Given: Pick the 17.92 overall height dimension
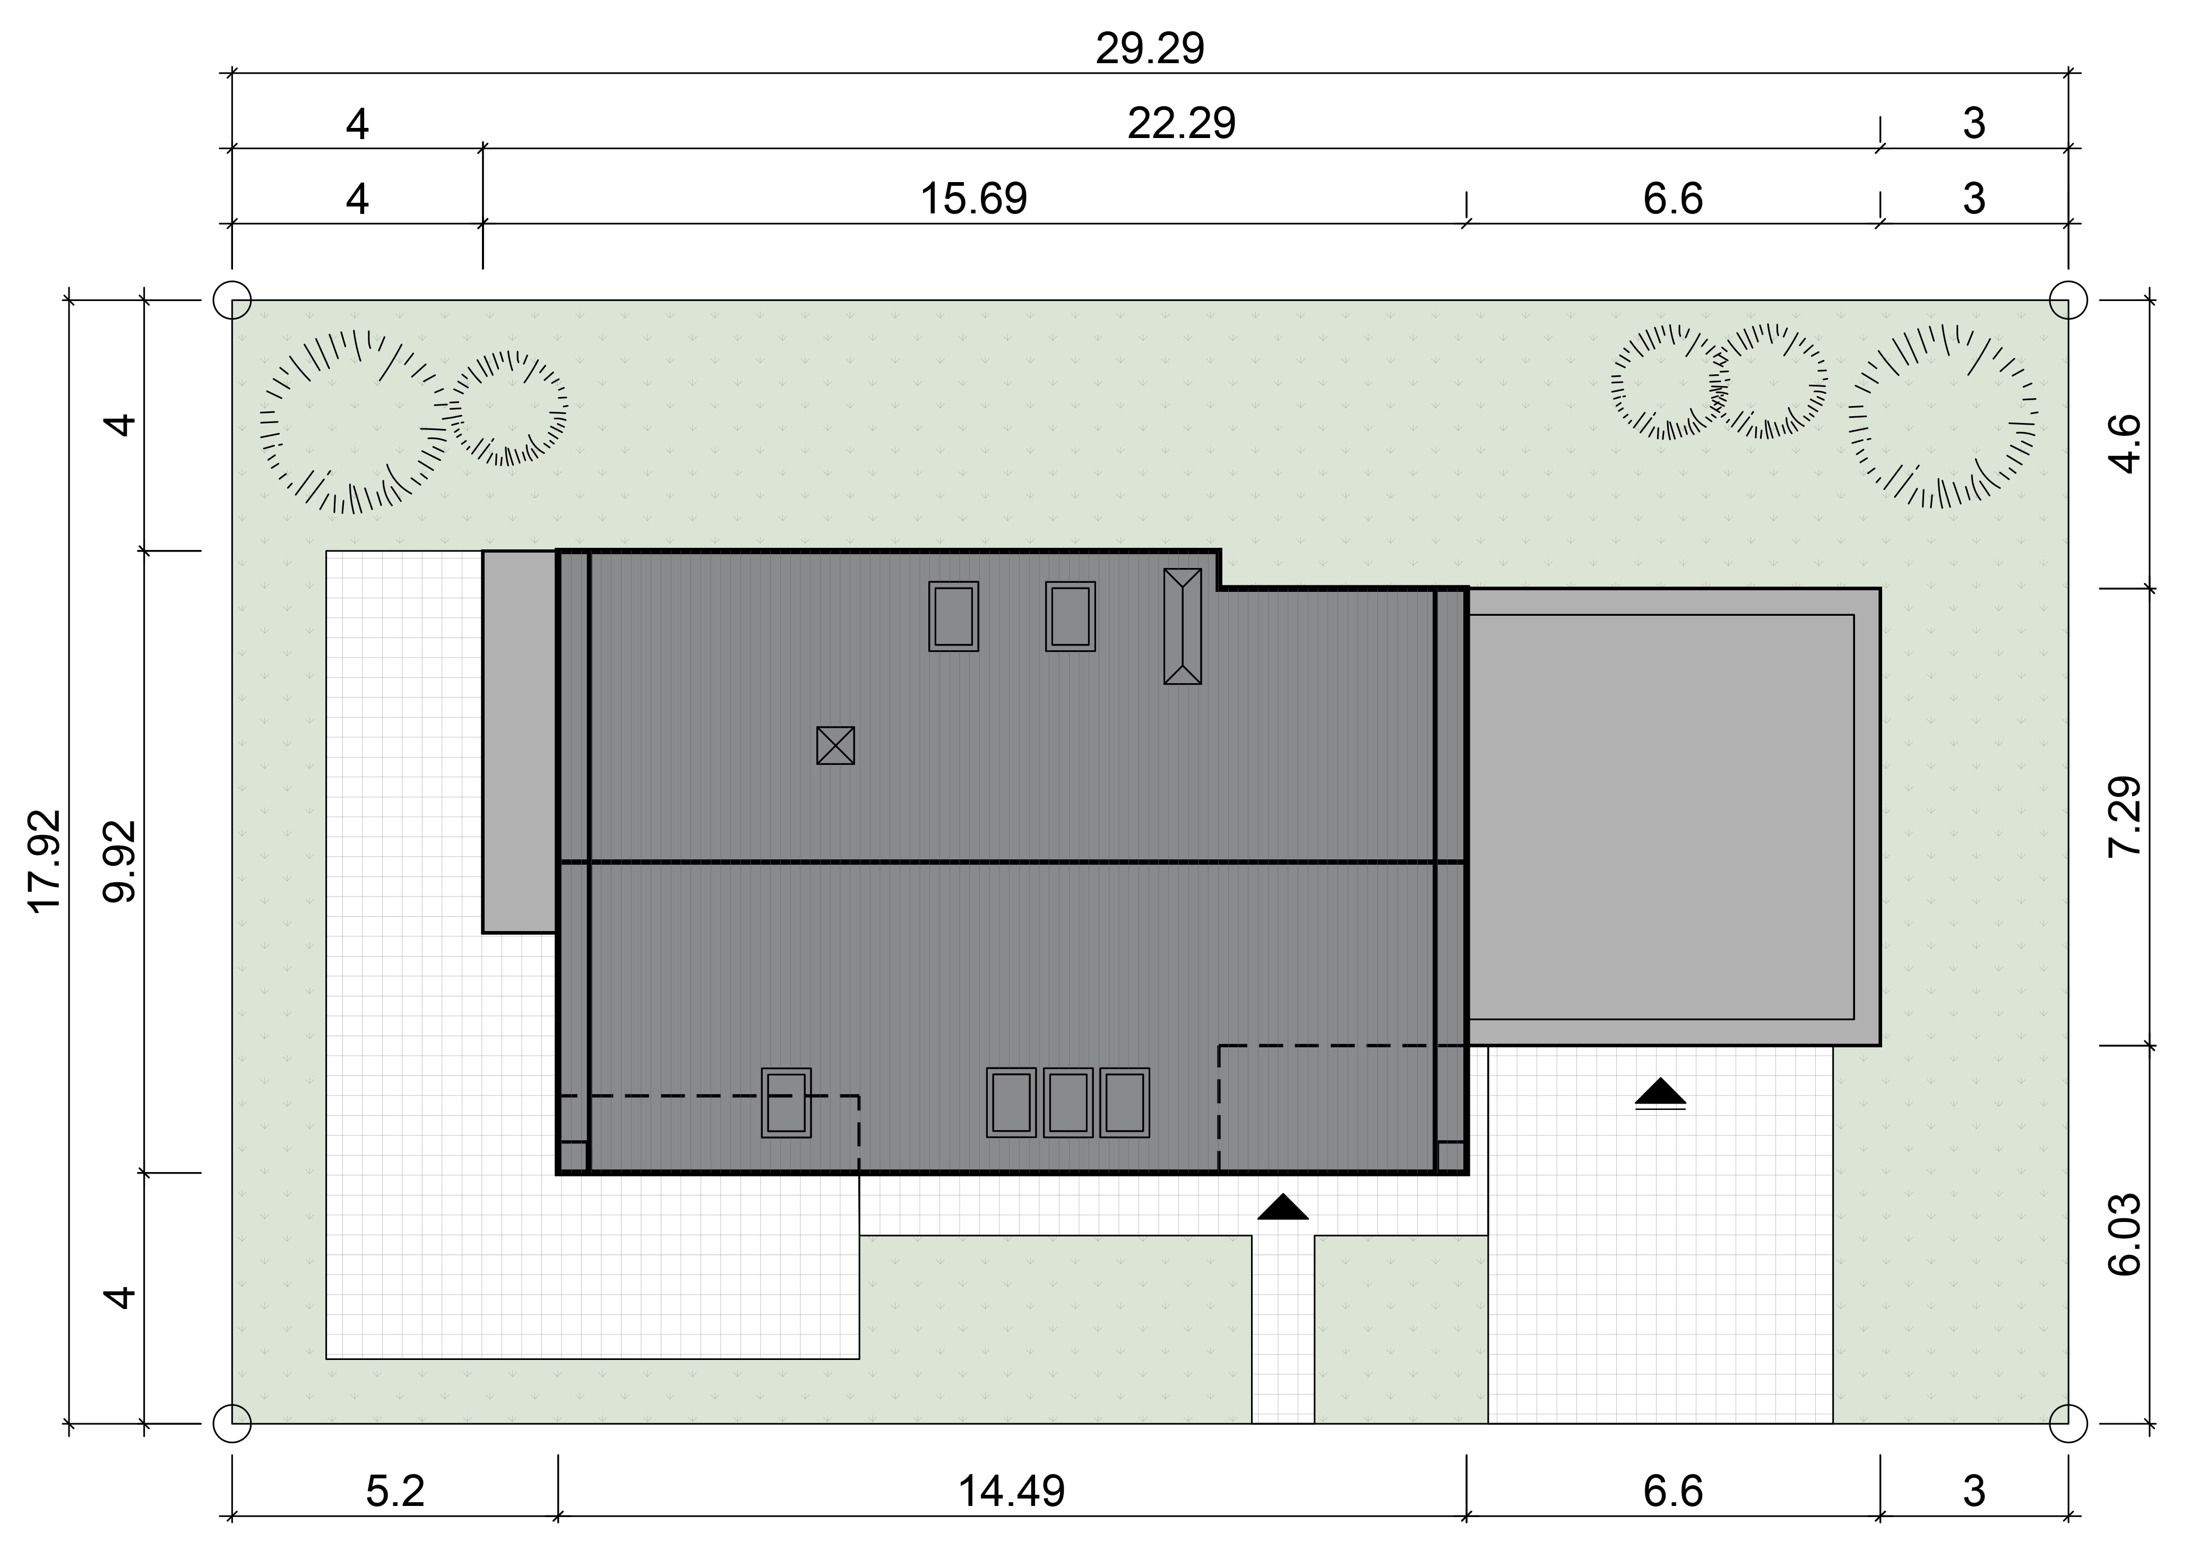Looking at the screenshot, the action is coord(46,861).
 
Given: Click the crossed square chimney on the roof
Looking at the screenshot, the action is coord(835,745).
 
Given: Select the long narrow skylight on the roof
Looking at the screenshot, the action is coord(1182,626).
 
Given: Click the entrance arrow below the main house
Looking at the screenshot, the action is coord(1282,1207).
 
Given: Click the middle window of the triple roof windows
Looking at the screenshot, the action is coord(1068,1103).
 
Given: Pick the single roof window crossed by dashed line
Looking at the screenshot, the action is coord(786,1103).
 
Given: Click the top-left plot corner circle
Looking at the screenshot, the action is coord(232,300).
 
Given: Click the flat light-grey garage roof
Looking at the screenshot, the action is coord(1674,816).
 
